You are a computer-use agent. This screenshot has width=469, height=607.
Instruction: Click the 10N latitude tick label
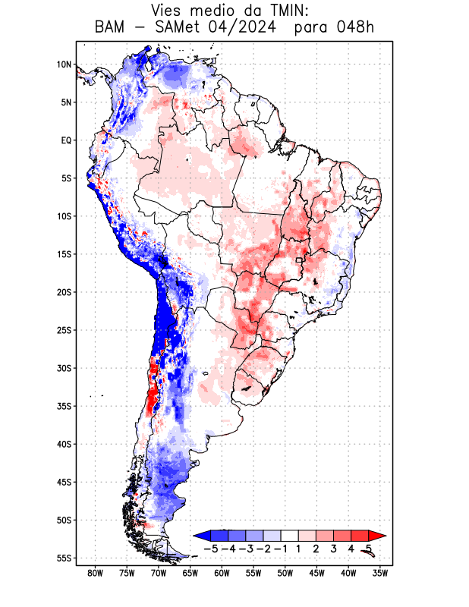coord(64,64)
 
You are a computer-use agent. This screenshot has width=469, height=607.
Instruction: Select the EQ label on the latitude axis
coord(65,140)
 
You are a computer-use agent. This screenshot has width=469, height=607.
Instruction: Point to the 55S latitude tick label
coord(64,558)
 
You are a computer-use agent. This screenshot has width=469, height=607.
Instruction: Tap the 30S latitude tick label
coord(64,368)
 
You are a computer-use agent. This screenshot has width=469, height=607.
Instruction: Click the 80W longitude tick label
coord(96,573)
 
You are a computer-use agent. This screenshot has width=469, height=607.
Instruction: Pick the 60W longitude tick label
coord(222,573)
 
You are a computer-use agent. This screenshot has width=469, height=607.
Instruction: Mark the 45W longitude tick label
coord(317,573)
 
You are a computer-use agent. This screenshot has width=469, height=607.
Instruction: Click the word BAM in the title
coord(113,28)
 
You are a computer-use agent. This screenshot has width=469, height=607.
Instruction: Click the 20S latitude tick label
coord(64,292)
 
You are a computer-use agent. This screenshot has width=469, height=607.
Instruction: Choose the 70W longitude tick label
coord(159,573)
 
